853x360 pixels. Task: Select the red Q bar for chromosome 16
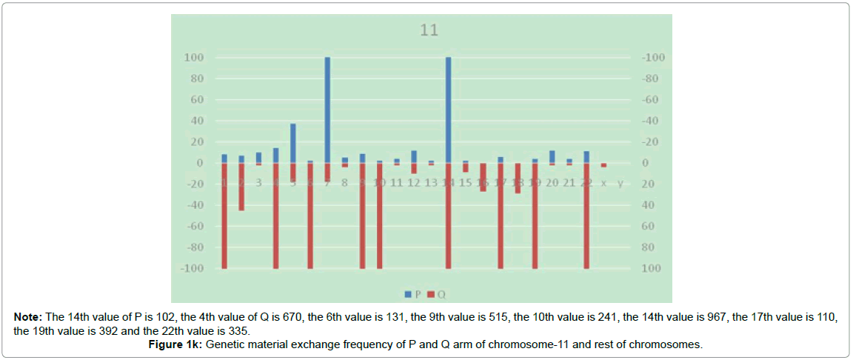pyautogui.click(x=483, y=177)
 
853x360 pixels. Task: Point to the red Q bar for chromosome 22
pyautogui.click(x=586, y=216)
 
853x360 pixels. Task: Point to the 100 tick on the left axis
pyautogui.click(x=194, y=58)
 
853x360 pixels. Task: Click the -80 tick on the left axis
pyautogui.click(x=193, y=247)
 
